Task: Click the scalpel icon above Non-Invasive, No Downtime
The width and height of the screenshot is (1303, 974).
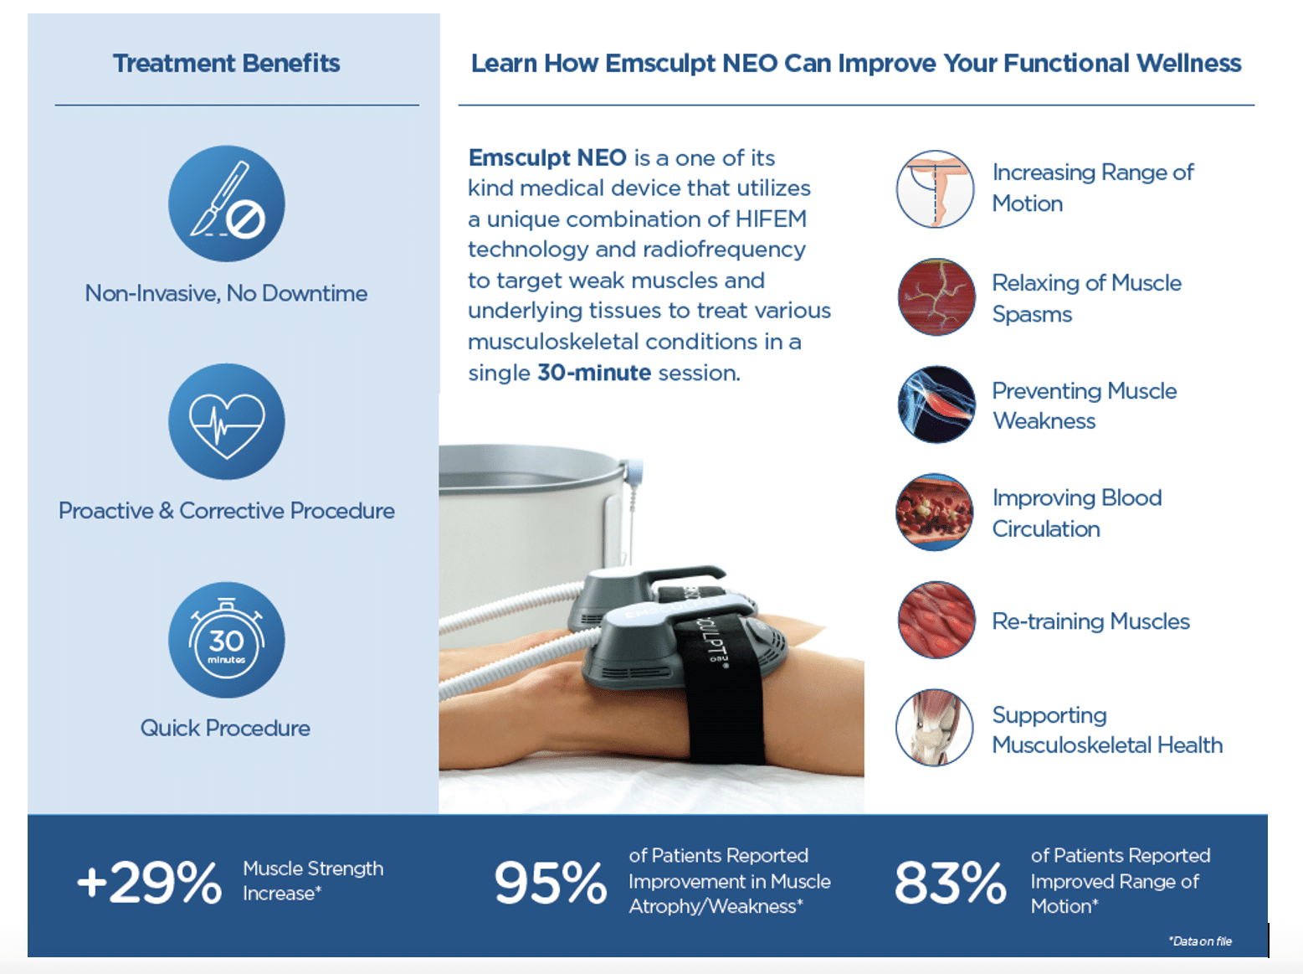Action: click(x=226, y=204)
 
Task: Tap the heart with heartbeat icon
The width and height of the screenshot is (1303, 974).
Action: click(x=226, y=421)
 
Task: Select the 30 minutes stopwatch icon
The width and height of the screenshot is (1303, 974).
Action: click(x=226, y=640)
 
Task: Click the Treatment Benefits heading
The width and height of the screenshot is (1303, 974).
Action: click(x=226, y=63)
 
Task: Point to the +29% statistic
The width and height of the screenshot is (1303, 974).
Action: click(x=149, y=884)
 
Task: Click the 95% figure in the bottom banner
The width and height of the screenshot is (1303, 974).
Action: click(x=551, y=884)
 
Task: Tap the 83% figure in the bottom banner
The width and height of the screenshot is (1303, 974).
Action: click(x=951, y=884)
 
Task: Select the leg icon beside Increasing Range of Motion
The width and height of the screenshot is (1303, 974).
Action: click(x=935, y=189)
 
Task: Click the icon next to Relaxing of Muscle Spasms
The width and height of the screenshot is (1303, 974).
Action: click(x=936, y=297)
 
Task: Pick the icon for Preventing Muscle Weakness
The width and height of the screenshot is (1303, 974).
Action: click(x=936, y=405)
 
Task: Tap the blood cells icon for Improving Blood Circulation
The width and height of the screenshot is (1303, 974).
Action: click(x=935, y=512)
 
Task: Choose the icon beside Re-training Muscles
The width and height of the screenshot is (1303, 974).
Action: click(x=936, y=620)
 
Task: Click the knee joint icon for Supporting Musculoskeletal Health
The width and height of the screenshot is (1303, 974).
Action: click(x=935, y=728)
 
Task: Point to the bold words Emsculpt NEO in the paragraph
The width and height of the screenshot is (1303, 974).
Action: click(x=547, y=158)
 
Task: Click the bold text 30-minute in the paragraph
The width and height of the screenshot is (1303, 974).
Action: click(x=594, y=373)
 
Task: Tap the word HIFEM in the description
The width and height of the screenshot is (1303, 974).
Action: click(x=771, y=219)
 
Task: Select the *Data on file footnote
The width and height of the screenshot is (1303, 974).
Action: click(x=1200, y=941)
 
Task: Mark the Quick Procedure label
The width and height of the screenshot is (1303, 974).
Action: click(x=225, y=728)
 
